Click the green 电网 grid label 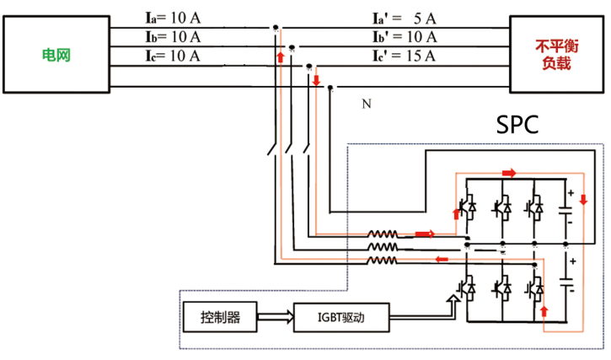(56, 55)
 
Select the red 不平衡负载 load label (557, 55)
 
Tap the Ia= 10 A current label (173, 18)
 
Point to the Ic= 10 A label (173, 56)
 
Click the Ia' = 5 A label (405, 19)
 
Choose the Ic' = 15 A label (405, 56)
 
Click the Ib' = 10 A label (405, 37)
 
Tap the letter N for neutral (367, 104)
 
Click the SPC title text (517, 125)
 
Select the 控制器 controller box (220, 317)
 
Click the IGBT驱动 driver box (341, 318)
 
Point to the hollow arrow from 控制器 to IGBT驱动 (275, 317)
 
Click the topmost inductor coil (383, 234)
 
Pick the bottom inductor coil (383, 261)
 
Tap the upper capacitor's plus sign (571, 193)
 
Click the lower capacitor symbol (565, 282)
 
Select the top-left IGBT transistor (467, 207)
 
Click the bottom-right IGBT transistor (535, 287)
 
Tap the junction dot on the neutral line (330, 88)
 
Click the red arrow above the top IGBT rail (509, 173)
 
